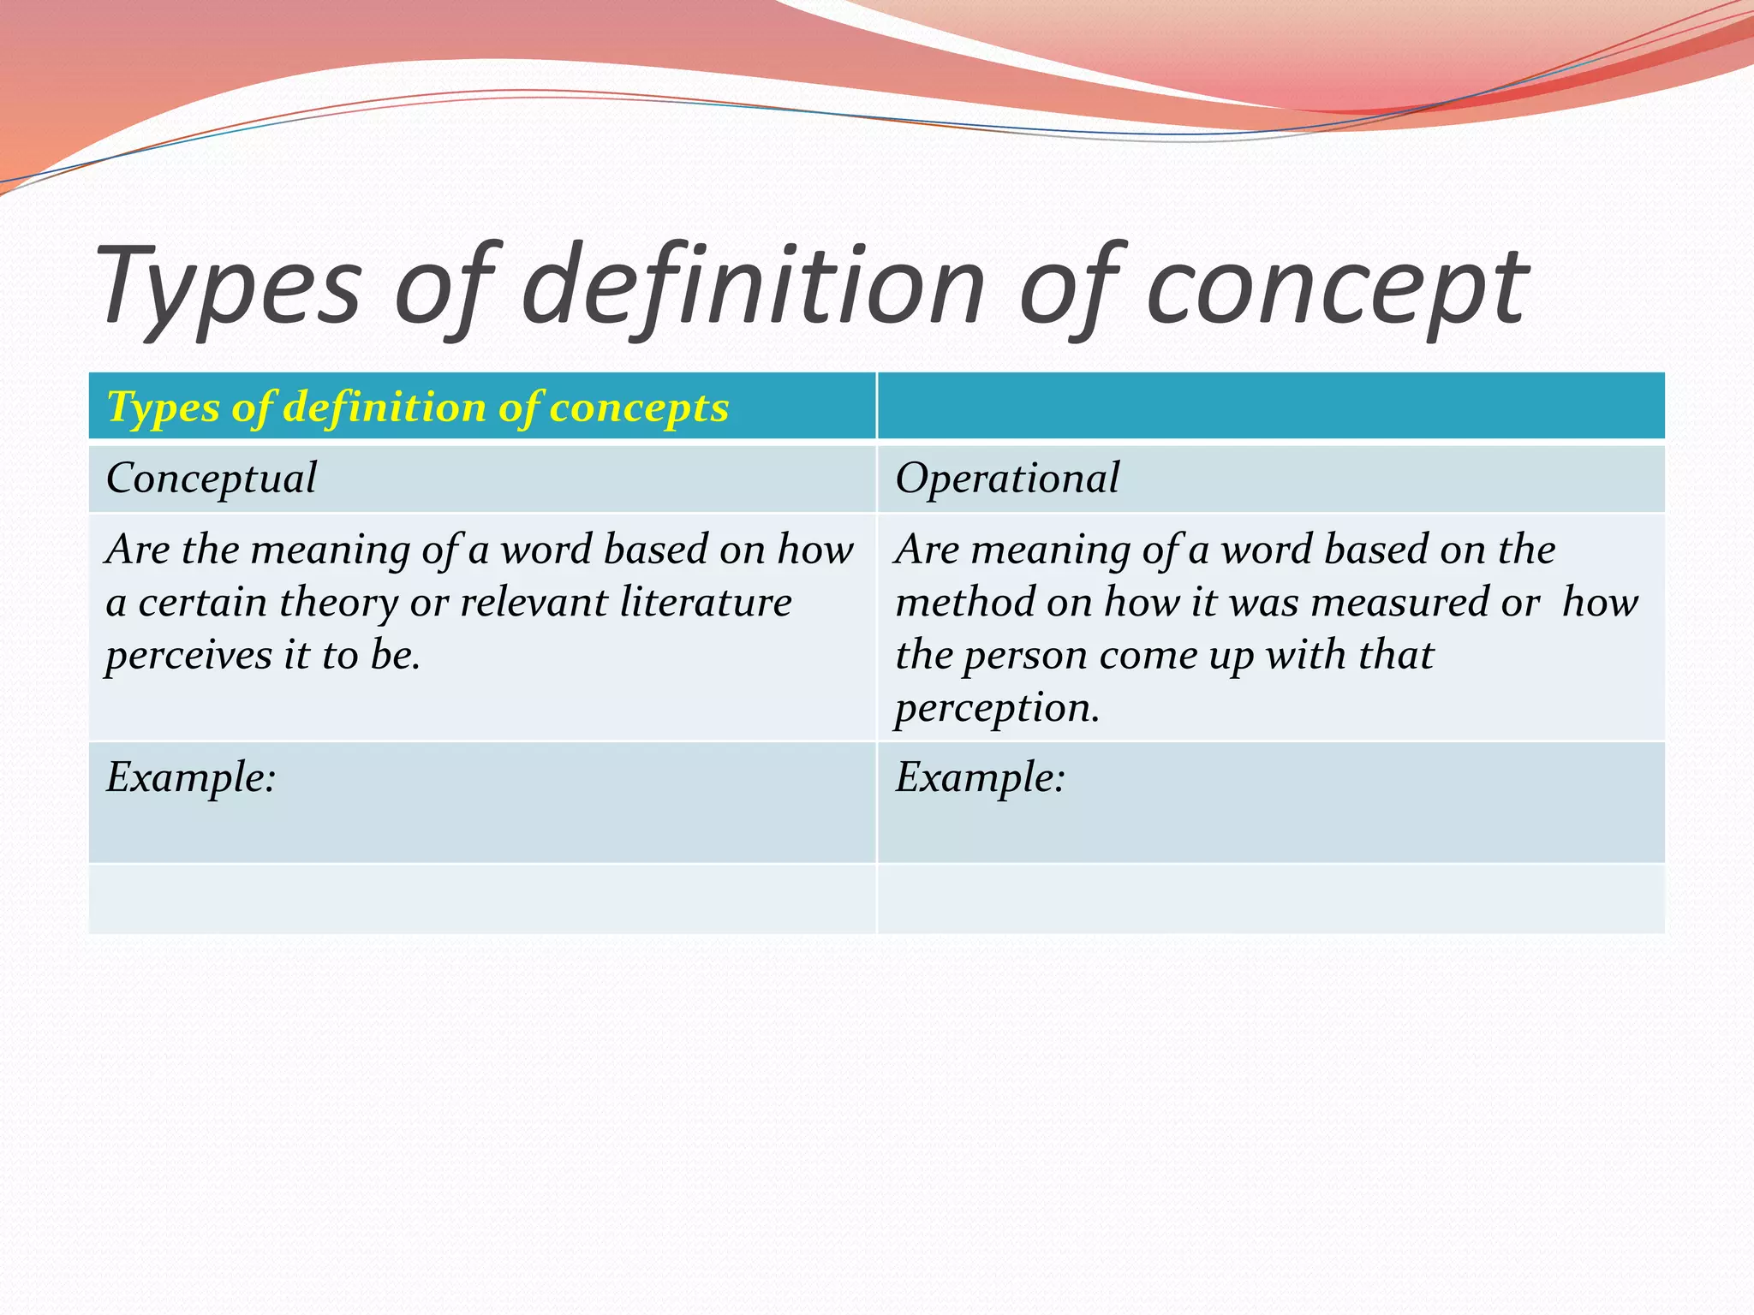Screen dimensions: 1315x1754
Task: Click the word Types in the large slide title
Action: tap(228, 287)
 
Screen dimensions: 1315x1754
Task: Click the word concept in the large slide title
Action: tap(1336, 287)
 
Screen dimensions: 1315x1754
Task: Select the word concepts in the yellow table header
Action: tap(639, 408)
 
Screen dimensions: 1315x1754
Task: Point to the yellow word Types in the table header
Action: tap(163, 408)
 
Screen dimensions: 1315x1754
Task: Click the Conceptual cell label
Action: tap(211, 479)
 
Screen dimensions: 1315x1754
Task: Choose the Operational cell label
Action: tap(1007, 479)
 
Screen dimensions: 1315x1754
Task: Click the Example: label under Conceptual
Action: tap(190, 778)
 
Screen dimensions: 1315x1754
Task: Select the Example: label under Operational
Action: tap(980, 778)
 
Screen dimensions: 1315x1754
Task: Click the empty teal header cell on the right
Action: tap(1271, 407)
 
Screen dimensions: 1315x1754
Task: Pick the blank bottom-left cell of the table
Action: tap(482, 899)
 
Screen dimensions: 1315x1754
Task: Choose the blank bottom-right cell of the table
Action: tap(1271, 899)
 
